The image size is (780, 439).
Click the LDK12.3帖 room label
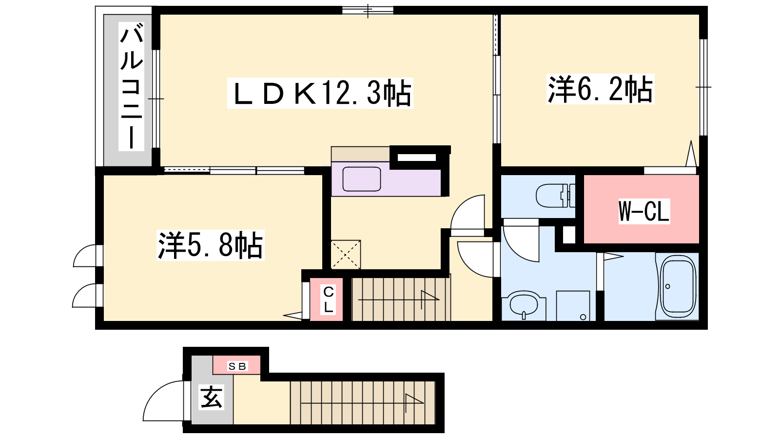320,93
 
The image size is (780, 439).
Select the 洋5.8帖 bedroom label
210,245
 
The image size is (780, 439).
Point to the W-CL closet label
644,211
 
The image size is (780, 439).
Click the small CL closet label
329,299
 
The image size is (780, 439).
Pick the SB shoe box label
237,366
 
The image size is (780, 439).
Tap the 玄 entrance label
212,397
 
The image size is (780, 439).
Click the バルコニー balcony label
131,86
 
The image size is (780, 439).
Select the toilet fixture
555,196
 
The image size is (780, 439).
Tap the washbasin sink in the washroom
524,305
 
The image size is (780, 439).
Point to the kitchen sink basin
361,179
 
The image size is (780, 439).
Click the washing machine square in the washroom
573,305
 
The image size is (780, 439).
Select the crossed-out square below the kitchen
346,254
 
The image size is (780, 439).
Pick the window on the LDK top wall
368,10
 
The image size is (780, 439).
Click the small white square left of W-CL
569,235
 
